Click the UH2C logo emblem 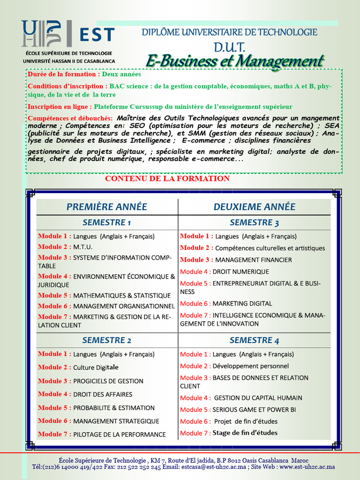pos(41,34)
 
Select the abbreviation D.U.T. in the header pos(230,46)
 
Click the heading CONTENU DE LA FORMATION pos(167,179)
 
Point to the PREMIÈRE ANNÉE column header pos(107,207)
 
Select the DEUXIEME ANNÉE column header pos(255,207)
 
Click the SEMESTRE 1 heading pos(107,222)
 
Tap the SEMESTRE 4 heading pos(255,340)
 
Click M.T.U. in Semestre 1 pos(83,247)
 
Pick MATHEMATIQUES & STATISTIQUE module pos(122,296)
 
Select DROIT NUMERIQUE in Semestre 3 pos(241,272)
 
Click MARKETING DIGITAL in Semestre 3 pos(242,304)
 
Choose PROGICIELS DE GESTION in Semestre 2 pos(108,381)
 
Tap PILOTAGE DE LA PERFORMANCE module pos(120,435)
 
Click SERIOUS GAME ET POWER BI pos(254,410)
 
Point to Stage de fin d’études pos(245,433)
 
